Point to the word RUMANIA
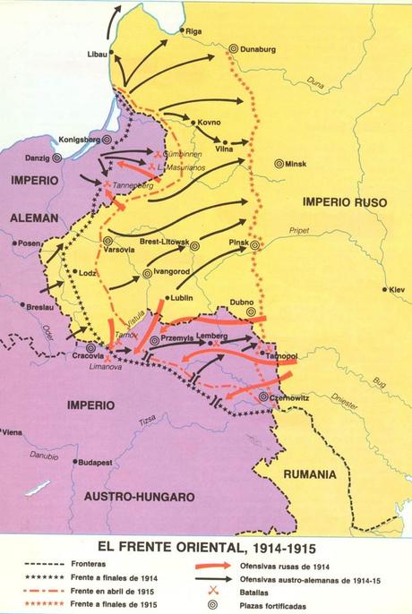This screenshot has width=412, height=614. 310,473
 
